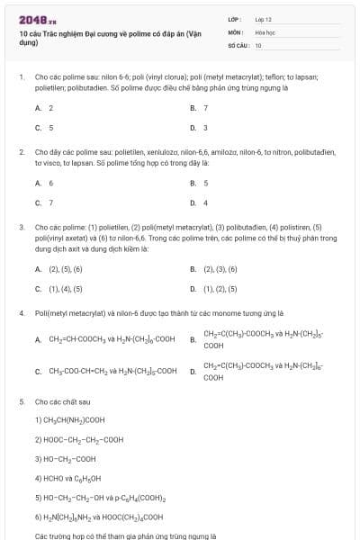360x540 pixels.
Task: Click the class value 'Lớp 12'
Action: click(x=263, y=18)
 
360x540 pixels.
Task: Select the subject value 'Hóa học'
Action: click(x=264, y=31)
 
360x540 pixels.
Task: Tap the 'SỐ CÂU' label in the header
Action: click(x=237, y=44)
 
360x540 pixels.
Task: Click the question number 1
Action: click(x=21, y=78)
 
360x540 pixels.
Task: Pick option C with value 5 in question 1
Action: click(x=50, y=128)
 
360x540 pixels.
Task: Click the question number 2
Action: click(x=21, y=153)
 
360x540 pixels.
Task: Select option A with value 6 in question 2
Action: click(x=50, y=183)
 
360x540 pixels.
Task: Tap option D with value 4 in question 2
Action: click(x=205, y=202)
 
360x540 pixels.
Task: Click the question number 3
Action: click(x=21, y=228)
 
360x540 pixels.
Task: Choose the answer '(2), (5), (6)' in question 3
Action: click(x=65, y=268)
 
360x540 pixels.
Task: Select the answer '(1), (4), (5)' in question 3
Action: click(x=65, y=289)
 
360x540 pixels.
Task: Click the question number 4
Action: click(x=21, y=313)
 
